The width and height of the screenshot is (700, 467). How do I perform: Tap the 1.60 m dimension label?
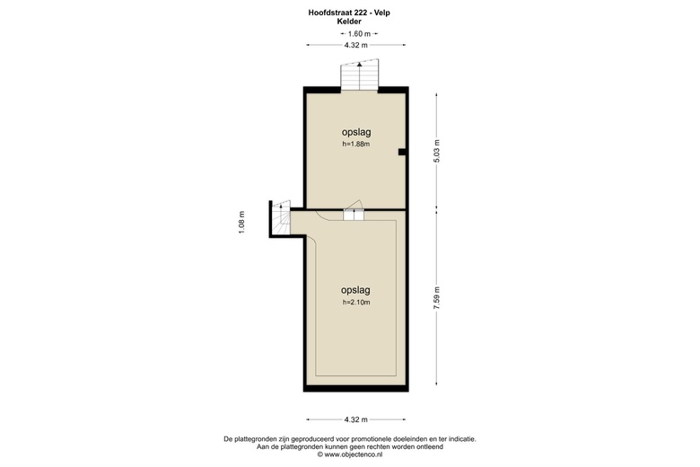tap(358, 33)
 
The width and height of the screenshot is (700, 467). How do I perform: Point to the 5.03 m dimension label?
tap(437, 150)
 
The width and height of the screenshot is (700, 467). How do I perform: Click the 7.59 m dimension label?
tap(437, 298)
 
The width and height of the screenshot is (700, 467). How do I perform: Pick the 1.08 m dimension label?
tap(241, 221)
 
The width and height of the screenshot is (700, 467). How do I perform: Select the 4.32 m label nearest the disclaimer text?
tap(356, 420)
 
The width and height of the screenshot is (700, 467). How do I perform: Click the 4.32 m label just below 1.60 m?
tap(356, 45)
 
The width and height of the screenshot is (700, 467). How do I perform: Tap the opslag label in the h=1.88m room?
tap(356, 132)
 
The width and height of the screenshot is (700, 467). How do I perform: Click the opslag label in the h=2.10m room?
tap(356, 290)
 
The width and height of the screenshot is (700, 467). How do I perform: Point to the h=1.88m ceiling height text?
tap(356, 145)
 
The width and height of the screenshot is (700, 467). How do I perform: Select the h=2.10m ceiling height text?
tap(356, 303)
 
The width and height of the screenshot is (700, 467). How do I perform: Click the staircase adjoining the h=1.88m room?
tap(360, 76)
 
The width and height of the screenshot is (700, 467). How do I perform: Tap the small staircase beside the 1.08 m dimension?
tap(282, 220)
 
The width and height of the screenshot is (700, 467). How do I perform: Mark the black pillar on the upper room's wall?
tap(403, 152)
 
